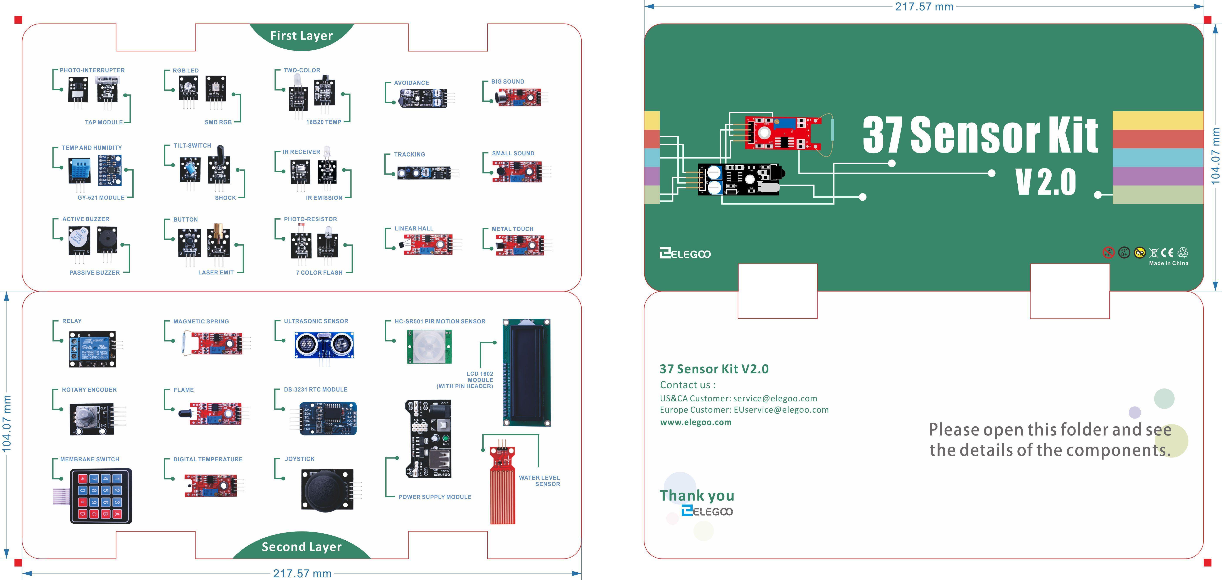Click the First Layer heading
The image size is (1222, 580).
[x=301, y=35]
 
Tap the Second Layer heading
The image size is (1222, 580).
[x=301, y=547]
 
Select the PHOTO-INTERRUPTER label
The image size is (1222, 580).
[x=92, y=70]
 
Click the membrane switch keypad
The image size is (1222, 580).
[x=101, y=496]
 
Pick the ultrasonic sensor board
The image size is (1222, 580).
[x=324, y=345]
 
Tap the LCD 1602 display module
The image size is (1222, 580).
[x=527, y=372]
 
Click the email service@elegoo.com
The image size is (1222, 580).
[x=775, y=398]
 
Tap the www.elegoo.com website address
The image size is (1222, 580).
[x=695, y=422]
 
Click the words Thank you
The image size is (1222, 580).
[x=696, y=496]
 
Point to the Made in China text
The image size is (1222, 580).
[x=1168, y=263]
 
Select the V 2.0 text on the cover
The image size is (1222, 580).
[x=1045, y=182]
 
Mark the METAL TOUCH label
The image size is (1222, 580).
[x=512, y=229]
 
